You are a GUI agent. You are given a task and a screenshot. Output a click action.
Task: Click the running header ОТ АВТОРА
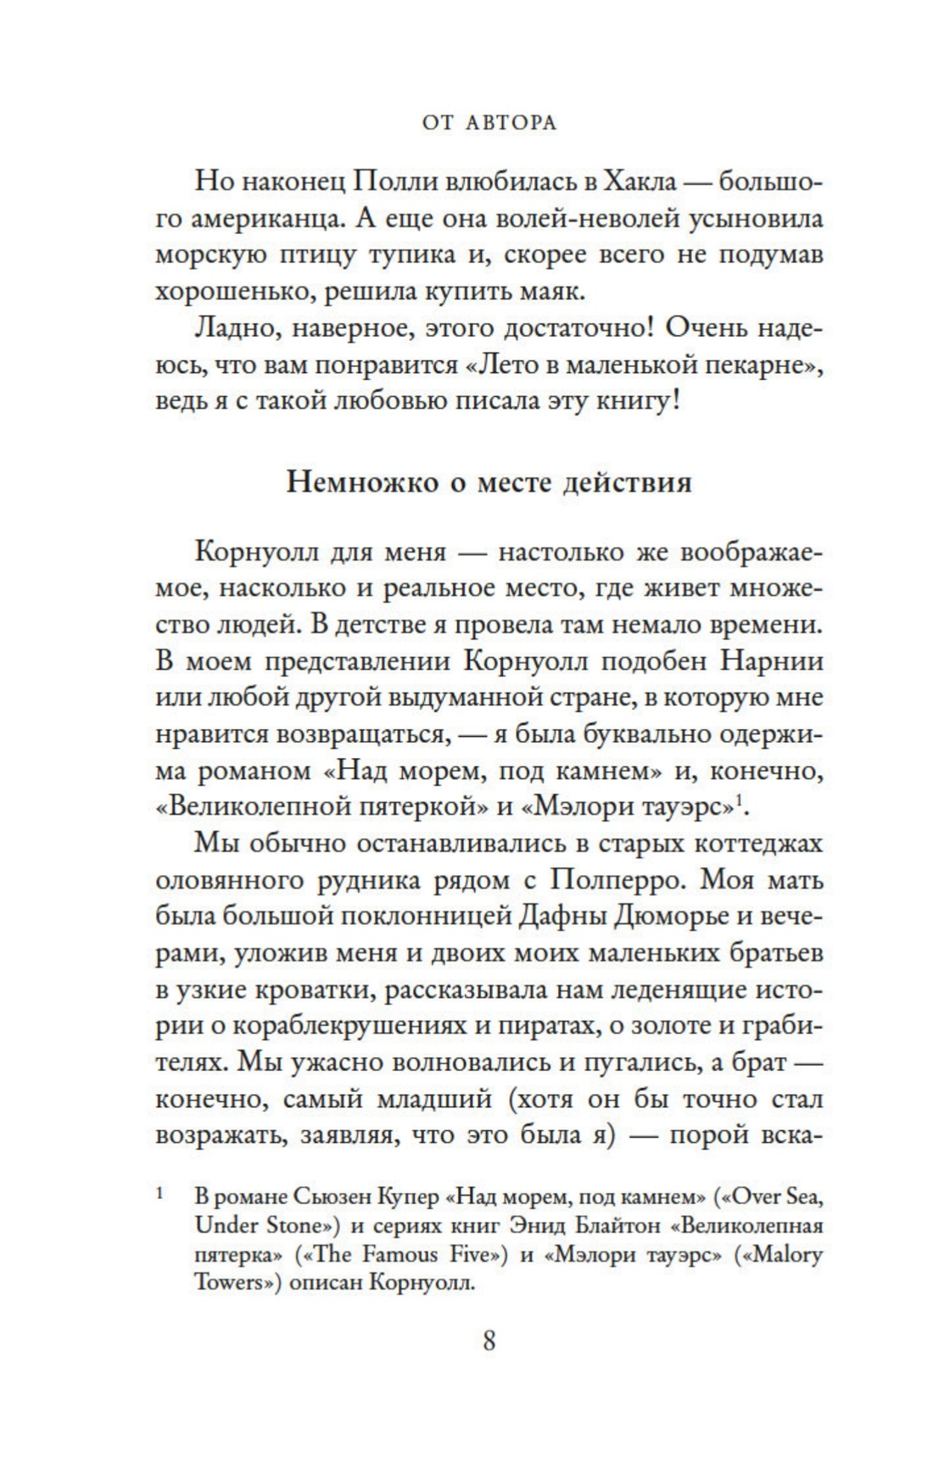(x=489, y=123)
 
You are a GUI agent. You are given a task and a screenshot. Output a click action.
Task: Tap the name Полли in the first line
(x=390, y=181)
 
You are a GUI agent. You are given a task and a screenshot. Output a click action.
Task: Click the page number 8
(x=489, y=1341)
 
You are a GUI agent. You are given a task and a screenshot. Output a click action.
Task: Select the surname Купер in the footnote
(x=414, y=1198)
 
